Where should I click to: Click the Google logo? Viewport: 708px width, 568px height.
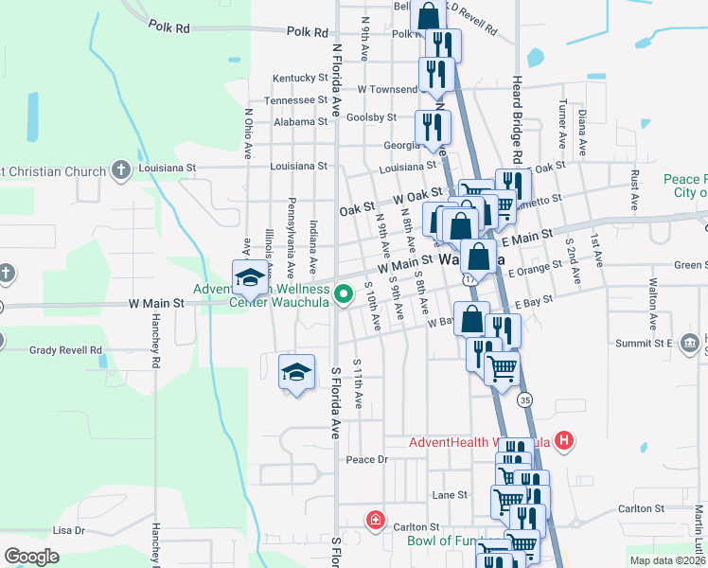(x=31, y=557)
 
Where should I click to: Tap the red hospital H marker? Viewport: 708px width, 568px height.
(x=565, y=441)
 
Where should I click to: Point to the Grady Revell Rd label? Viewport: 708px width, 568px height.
(x=65, y=349)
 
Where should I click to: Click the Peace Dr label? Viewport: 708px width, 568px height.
(x=367, y=459)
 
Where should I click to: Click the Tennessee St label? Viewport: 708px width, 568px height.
(x=295, y=99)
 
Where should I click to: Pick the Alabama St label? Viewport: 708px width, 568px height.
(x=300, y=121)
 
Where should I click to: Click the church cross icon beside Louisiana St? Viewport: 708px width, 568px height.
(x=120, y=170)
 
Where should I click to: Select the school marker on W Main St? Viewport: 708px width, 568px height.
(x=250, y=277)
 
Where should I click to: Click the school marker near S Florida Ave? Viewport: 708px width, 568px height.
(x=296, y=370)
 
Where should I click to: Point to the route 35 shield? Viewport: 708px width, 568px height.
(x=525, y=400)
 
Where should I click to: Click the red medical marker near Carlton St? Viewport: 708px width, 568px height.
(x=376, y=520)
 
